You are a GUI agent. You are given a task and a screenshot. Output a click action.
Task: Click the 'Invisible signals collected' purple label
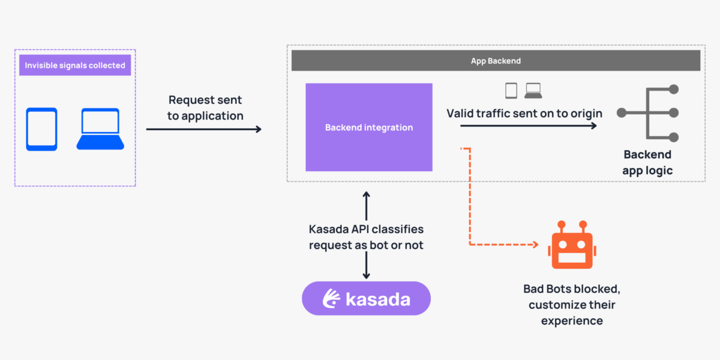point(75,65)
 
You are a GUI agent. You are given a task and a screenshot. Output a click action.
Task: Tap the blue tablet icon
point(41,129)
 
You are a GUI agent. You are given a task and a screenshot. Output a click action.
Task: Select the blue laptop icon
point(100,130)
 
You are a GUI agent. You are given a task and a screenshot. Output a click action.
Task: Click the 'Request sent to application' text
point(205,108)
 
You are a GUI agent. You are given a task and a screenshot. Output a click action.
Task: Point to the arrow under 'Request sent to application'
point(204,129)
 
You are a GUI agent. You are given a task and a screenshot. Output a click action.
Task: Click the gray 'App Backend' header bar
point(496,61)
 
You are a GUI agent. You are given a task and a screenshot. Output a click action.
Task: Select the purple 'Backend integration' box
point(369,127)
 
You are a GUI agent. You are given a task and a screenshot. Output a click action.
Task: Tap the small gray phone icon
point(511,91)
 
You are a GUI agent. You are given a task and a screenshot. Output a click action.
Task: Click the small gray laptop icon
point(533,91)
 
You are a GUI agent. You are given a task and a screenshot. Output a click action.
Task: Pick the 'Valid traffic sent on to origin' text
point(524,113)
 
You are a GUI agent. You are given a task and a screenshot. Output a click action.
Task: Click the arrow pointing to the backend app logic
point(529,126)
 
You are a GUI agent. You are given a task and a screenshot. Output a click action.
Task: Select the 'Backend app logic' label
point(647,163)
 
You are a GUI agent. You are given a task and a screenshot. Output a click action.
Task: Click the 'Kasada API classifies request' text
point(366,237)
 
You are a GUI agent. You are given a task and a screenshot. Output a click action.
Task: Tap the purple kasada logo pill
point(366,298)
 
